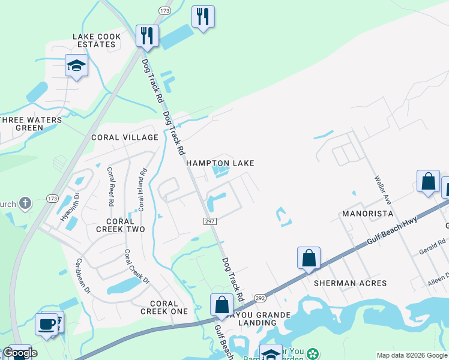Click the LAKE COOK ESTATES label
97,41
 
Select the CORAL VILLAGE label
124,137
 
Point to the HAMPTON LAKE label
220,163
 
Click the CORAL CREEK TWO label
121,226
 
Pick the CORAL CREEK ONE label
164,307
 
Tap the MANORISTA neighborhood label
367,214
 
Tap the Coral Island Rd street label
142,190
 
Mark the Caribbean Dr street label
82,275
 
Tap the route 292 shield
259,298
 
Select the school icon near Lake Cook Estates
76,65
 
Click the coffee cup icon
47,323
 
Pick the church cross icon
25,203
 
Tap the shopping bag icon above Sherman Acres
309,258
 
